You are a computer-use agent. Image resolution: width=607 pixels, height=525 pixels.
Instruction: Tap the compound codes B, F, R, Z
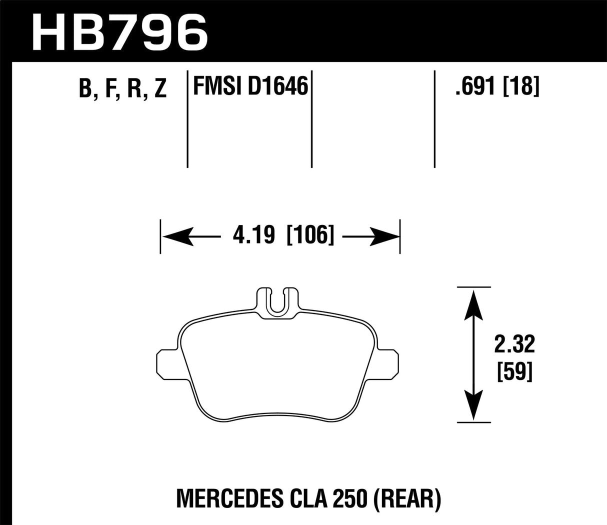coord(122,89)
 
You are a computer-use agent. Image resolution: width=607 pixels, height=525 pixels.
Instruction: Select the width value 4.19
coord(253,235)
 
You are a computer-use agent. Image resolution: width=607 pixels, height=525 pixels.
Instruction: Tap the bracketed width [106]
coord(310,235)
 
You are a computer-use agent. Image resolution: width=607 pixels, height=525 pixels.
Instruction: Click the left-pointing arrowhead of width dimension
coord(177,235)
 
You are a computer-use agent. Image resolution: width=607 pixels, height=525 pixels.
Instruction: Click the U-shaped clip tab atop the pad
coord(278,302)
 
